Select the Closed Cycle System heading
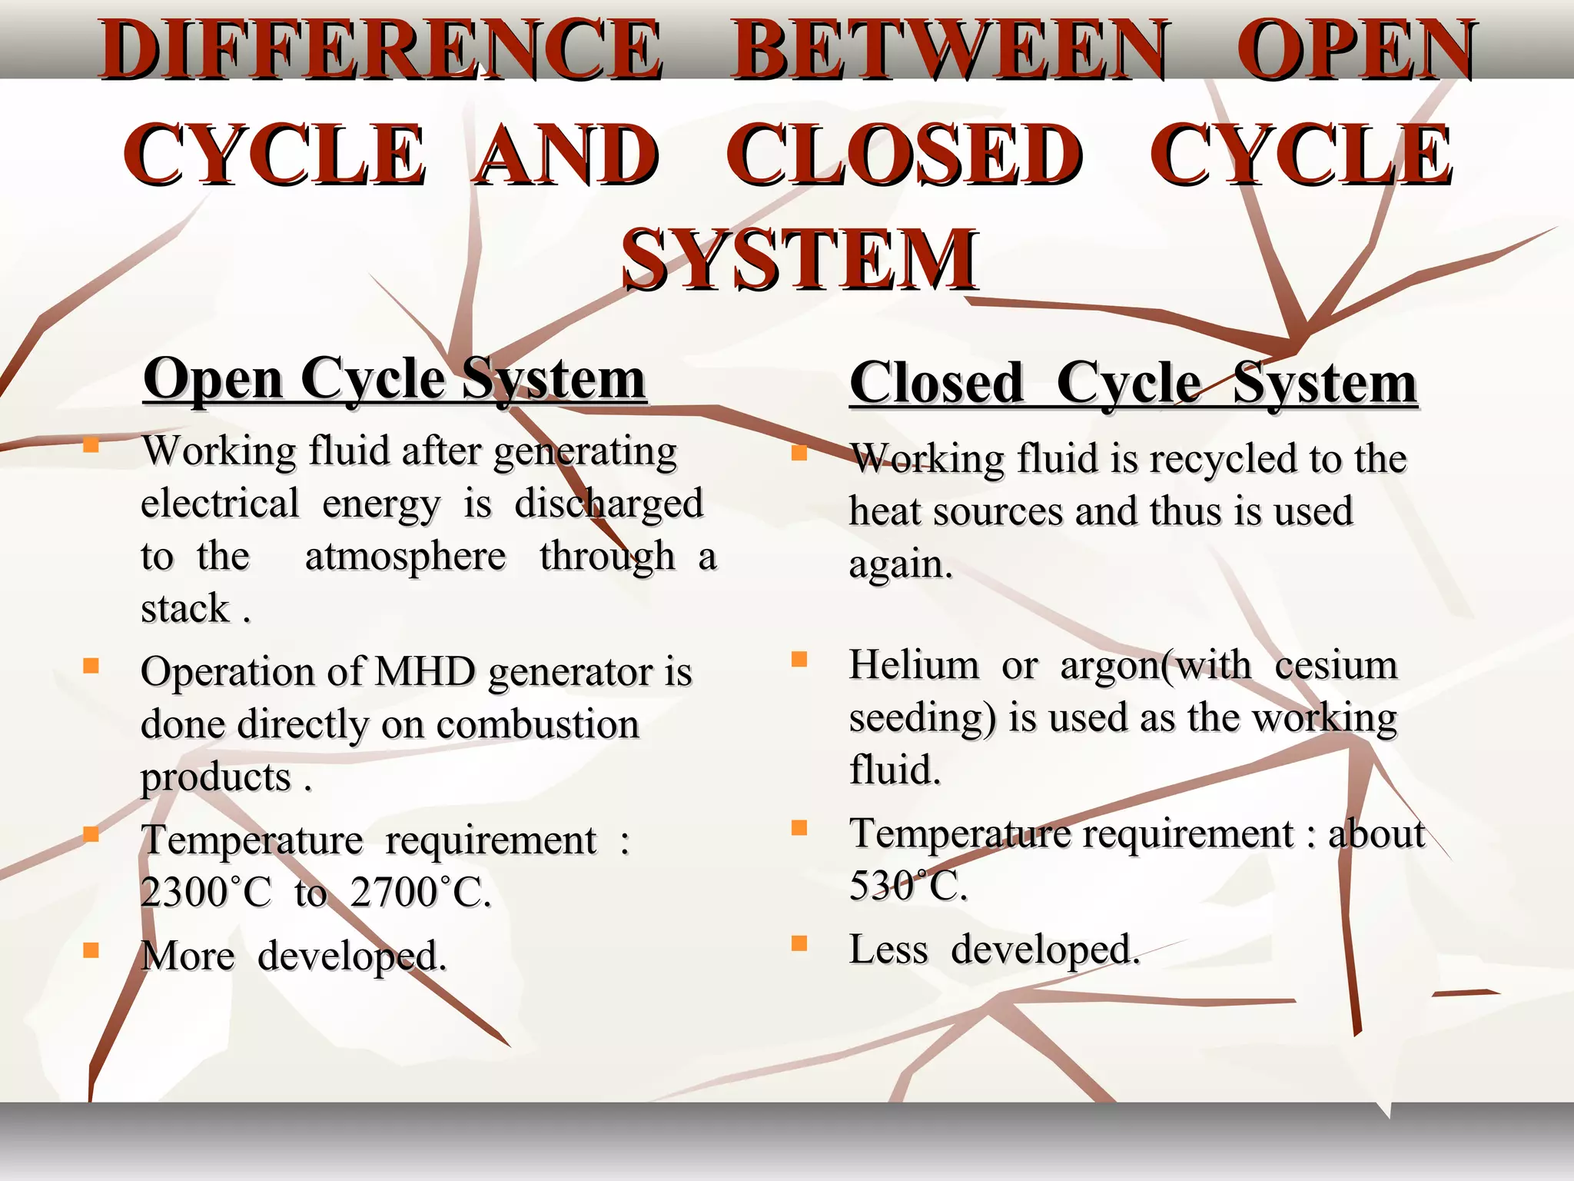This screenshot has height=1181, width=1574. (1133, 383)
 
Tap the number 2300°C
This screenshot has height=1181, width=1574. (206, 892)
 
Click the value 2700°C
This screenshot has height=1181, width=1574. (420, 892)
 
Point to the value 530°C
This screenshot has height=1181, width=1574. (907, 885)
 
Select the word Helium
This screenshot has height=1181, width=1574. (914, 664)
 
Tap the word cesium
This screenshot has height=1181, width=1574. (1336, 664)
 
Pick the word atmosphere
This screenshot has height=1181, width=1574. (405, 556)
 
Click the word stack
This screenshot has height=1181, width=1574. (185, 608)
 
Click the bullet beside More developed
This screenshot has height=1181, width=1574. (91, 950)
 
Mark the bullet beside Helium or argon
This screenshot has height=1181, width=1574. (799, 659)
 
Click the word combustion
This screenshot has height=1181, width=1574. (537, 724)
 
